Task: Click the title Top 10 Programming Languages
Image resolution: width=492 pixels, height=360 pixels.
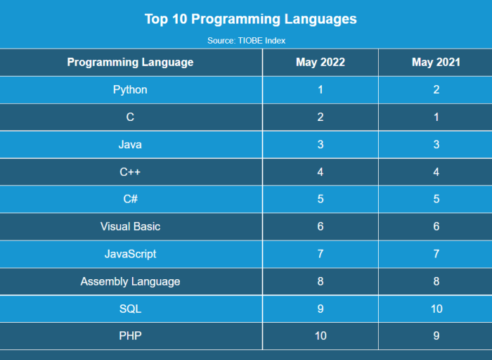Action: (250, 19)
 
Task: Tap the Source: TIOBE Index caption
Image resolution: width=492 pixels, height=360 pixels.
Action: (246, 41)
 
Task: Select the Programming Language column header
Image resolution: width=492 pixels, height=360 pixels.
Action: (130, 63)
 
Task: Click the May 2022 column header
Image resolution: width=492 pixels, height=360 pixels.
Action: (321, 63)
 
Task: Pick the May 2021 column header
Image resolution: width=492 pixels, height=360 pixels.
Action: (436, 63)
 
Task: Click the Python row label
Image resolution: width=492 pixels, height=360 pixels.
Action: (130, 90)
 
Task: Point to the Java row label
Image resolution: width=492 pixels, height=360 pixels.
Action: (130, 145)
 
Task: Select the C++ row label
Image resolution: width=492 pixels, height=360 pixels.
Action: (130, 172)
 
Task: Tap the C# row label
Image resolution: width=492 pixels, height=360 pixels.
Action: (130, 200)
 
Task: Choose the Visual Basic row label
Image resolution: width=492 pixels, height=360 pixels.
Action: (130, 227)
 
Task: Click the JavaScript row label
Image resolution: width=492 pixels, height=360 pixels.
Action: (130, 255)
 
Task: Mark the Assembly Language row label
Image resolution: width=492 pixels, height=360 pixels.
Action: (130, 282)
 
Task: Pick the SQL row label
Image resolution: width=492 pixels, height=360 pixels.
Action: (130, 309)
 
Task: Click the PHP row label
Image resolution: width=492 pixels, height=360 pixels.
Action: (130, 337)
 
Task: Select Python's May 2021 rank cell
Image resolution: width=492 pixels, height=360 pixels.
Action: (436, 90)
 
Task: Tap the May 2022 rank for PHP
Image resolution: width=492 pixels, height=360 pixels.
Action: (321, 337)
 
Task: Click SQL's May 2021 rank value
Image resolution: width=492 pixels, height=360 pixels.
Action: (436, 309)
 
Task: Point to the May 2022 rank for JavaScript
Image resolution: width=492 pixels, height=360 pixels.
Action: (321, 255)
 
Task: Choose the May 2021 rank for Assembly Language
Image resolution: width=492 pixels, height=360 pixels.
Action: (436, 282)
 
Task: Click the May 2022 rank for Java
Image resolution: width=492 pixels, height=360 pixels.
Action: (321, 145)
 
